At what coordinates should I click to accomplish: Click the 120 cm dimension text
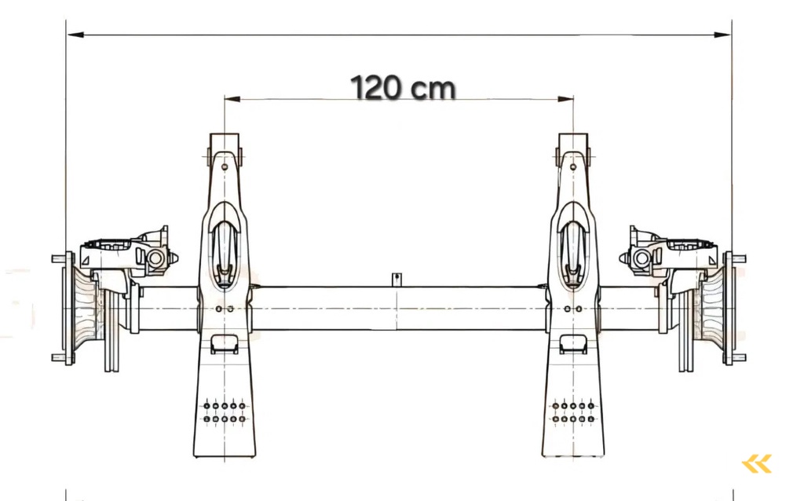tap(402, 87)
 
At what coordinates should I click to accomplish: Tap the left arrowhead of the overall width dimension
tap(73, 35)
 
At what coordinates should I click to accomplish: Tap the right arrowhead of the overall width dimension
tap(725, 35)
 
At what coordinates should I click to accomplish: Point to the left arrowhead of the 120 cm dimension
tap(230, 99)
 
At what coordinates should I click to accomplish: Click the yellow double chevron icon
tap(757, 464)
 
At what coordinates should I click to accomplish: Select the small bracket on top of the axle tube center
tap(398, 280)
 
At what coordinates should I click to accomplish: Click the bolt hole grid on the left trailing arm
tap(225, 413)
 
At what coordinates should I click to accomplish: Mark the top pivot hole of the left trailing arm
tap(225, 166)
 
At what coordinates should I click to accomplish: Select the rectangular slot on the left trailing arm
tap(225, 343)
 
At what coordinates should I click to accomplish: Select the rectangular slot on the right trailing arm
tap(573, 343)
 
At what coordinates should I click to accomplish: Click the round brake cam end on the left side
tap(155, 258)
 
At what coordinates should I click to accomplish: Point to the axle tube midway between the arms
tap(398, 309)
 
